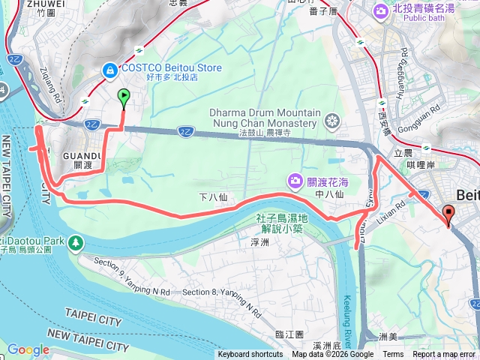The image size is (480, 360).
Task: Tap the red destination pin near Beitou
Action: (x=448, y=214)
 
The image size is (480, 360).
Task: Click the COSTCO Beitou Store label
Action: (x=172, y=68)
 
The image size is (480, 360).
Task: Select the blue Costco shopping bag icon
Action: (x=110, y=69)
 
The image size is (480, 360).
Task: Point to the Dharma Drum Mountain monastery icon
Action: (x=331, y=121)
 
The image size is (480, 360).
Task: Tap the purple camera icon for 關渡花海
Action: (x=295, y=180)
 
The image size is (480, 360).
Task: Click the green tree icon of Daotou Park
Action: (x=76, y=242)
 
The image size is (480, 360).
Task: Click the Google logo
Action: (x=28, y=349)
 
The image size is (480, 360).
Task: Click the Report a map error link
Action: (x=443, y=355)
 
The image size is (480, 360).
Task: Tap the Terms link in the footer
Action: (x=393, y=355)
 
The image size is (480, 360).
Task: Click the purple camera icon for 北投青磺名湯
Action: (x=380, y=10)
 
